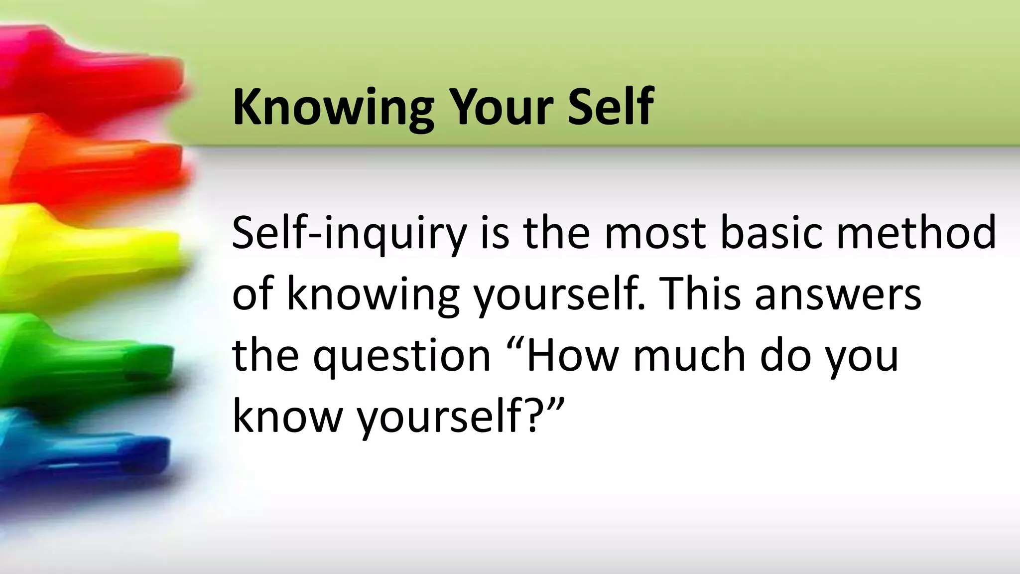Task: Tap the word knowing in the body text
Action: coord(373,295)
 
